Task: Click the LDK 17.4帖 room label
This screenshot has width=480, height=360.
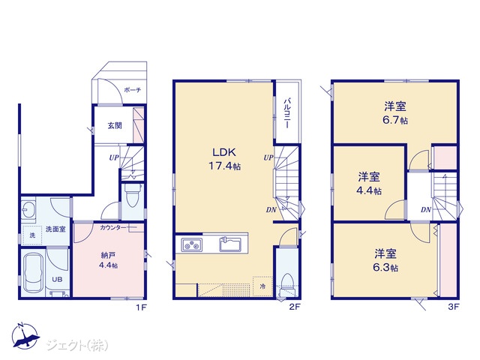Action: coord(225,159)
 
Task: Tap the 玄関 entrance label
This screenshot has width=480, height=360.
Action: coord(115,125)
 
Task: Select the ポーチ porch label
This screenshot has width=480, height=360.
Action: coord(133,90)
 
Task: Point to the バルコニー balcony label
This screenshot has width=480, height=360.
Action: coord(287,113)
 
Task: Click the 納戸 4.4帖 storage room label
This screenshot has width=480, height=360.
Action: coord(108,260)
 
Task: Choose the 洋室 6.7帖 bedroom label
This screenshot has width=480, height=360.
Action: coord(395,113)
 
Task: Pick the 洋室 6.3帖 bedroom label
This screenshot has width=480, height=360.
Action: coord(385,260)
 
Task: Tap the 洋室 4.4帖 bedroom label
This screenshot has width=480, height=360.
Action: coord(369,184)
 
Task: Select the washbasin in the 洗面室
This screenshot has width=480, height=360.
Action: coord(28,211)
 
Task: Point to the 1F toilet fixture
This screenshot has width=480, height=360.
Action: coord(133,196)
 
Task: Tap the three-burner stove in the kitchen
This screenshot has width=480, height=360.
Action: coord(192,244)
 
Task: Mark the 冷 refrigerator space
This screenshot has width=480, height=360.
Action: coord(262,286)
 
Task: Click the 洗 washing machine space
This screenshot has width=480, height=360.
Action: coord(31,235)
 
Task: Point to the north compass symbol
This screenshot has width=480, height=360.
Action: coord(25,335)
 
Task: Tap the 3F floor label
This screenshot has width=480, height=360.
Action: coord(453,307)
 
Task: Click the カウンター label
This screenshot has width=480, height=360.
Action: coord(113,228)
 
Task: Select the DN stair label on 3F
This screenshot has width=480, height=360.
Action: coord(425,210)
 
